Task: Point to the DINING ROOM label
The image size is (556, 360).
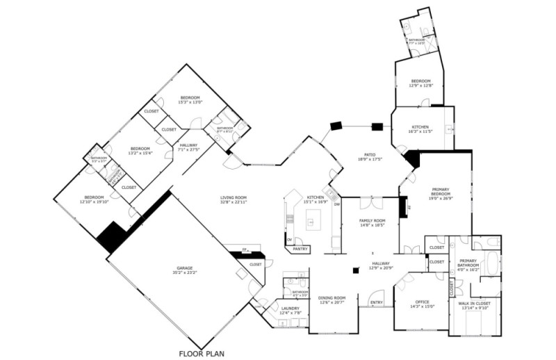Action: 332,300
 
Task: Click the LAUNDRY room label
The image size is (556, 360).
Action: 290,310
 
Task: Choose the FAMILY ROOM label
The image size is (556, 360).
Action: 372,222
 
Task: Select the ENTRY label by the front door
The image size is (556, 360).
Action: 376,302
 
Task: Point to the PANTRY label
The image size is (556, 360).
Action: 300,248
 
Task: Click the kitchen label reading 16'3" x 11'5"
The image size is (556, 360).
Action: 422,129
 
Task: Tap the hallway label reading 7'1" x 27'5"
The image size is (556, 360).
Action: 189,147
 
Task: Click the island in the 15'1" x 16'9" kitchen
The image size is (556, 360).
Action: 315,223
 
